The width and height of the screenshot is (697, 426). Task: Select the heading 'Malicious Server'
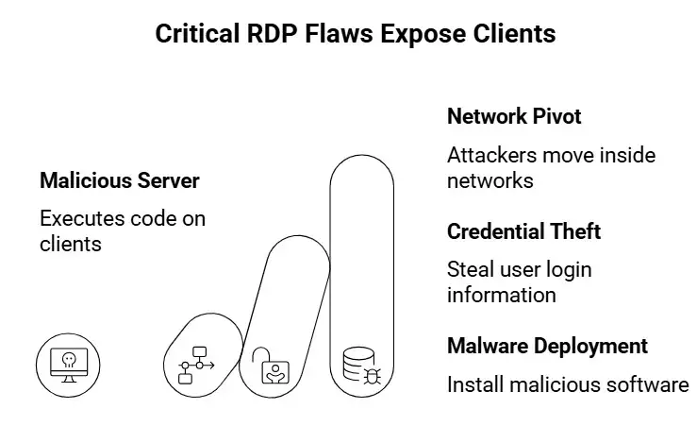[119, 180]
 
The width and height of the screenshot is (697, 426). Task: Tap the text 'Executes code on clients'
[122, 230]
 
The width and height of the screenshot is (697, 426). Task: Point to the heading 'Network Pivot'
[514, 117]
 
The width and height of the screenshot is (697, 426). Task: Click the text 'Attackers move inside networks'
[551, 167]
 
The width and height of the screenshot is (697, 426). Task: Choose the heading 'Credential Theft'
[523, 231]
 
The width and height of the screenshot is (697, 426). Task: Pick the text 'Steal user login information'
[519, 281]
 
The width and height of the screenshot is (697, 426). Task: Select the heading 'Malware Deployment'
[547, 346]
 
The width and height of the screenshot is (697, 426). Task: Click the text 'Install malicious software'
[568, 384]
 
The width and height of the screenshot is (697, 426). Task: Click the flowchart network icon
[196, 364]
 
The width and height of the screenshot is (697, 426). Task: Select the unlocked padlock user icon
[272, 365]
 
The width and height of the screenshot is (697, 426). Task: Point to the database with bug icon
[360, 365]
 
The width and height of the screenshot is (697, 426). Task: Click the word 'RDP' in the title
[267, 35]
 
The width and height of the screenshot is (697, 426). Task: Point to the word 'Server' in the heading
[170, 180]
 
